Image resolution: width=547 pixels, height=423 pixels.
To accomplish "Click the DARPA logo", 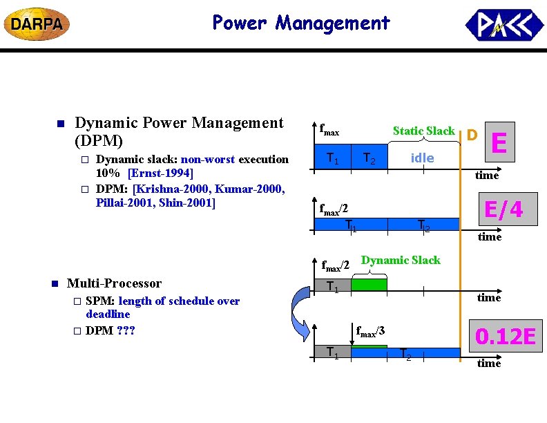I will [x=37, y=25].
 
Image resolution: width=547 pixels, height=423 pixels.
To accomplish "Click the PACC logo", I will [x=503, y=26].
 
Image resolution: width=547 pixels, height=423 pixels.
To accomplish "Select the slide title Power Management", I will [x=301, y=23].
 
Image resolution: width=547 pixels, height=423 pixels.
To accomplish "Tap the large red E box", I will [x=500, y=142].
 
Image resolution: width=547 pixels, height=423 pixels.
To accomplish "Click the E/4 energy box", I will [x=503, y=209].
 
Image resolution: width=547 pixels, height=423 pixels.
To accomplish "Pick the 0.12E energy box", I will [x=506, y=337].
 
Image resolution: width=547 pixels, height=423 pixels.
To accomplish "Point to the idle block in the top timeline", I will [x=423, y=158].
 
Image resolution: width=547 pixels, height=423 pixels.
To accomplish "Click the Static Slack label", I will [x=423, y=131].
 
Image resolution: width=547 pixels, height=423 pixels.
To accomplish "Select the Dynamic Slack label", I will [x=401, y=260].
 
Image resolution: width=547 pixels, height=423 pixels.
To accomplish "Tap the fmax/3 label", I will [x=370, y=331].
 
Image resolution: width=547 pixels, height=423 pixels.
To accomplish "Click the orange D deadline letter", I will [x=472, y=133].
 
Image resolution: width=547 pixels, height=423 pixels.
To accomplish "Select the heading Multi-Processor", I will [x=114, y=283].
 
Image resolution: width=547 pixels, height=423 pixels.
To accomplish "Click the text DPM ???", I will [x=111, y=330].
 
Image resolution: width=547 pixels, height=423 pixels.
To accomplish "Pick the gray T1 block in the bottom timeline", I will [x=333, y=352].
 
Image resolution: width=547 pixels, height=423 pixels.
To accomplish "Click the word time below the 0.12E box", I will [x=489, y=364].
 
